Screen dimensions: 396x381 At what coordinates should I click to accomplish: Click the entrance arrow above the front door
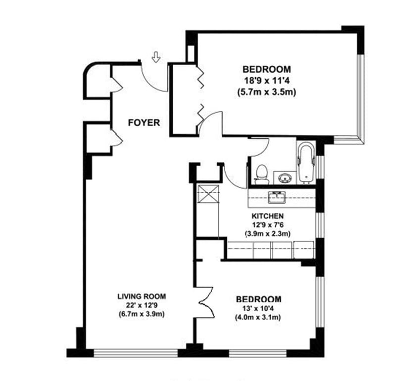[x=156, y=57]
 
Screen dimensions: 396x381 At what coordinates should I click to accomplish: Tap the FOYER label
[x=144, y=123]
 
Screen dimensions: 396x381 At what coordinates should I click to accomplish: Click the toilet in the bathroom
[x=262, y=174]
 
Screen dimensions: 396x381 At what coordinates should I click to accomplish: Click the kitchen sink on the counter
[x=277, y=198]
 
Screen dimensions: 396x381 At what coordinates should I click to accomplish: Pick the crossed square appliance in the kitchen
[x=208, y=194]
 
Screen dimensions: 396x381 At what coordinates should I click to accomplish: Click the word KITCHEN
[x=267, y=216]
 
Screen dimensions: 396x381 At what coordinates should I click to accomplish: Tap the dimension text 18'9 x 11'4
[x=267, y=81]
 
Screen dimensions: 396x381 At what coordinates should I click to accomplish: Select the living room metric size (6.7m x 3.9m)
[x=142, y=314]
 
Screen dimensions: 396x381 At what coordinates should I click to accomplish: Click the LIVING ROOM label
[x=142, y=296]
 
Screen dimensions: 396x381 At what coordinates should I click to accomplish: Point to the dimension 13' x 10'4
[x=258, y=308]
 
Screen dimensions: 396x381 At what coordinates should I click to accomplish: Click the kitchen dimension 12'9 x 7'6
[x=267, y=225]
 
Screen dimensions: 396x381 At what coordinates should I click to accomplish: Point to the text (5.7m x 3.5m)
[x=267, y=92]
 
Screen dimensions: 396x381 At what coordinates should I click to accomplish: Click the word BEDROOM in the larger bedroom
[x=267, y=69]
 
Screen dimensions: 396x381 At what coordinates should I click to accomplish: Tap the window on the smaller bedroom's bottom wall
[x=257, y=353]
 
